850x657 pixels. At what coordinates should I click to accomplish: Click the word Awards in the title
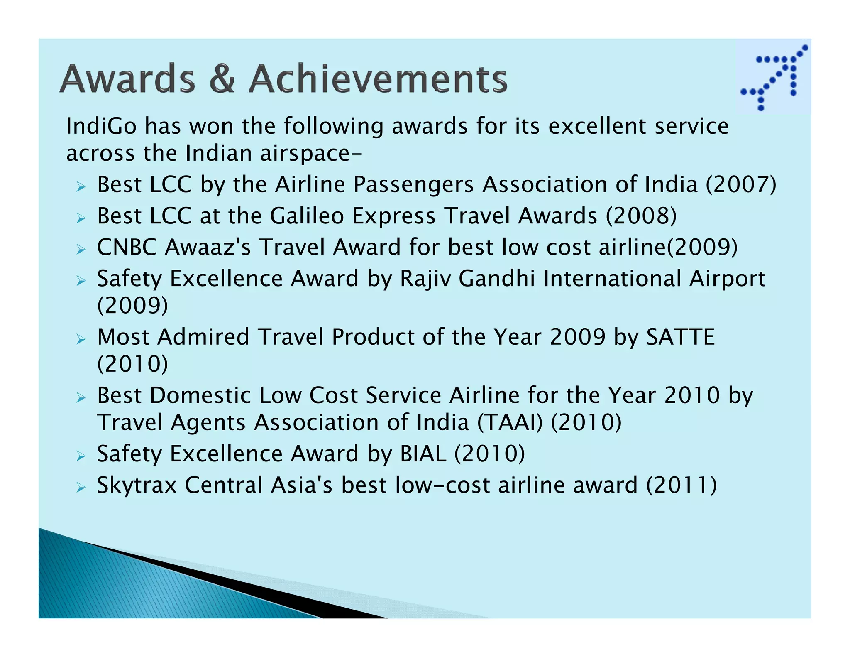[127, 79]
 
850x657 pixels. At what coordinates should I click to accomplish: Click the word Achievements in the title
[378, 79]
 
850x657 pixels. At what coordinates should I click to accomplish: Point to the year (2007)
[741, 184]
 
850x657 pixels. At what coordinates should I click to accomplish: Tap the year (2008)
[641, 216]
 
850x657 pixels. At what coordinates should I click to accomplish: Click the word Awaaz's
[208, 247]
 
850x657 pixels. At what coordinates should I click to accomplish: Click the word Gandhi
[496, 279]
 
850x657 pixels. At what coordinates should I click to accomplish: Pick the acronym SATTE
[680, 337]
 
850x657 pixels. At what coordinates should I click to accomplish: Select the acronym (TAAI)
[510, 423]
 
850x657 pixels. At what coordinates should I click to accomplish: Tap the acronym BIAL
[423, 454]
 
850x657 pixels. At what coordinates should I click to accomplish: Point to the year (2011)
[681, 485]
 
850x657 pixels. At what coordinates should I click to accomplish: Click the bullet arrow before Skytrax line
[81, 487]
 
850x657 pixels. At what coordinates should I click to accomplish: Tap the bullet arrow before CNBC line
[81, 249]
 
